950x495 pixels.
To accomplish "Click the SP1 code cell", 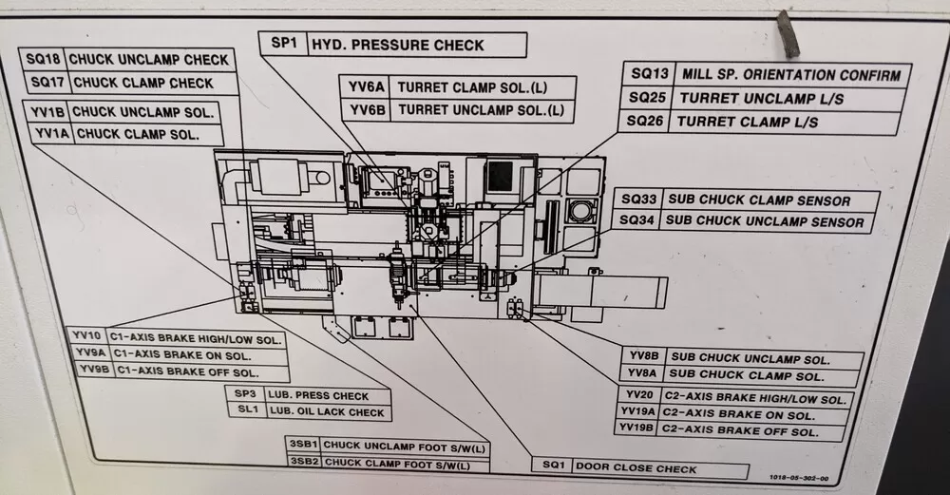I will (x=284, y=45).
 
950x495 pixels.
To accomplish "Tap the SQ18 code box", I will (x=45, y=60).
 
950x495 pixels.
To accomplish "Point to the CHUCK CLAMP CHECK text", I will (x=143, y=84).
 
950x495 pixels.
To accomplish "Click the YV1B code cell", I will (x=47, y=112).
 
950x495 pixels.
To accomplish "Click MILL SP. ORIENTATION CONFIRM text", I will (x=790, y=75).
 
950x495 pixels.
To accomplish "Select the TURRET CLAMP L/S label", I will (x=750, y=123).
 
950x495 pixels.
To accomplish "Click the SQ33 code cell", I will (x=636, y=200).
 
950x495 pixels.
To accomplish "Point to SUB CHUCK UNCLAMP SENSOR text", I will (x=765, y=221).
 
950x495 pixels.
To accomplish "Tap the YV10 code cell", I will (x=86, y=336).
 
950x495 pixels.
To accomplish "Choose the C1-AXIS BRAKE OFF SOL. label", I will (x=187, y=372).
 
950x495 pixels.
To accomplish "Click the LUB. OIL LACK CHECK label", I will (x=326, y=412).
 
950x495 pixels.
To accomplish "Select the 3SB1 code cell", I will (x=303, y=445).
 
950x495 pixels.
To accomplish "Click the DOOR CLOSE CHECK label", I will (x=636, y=468).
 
